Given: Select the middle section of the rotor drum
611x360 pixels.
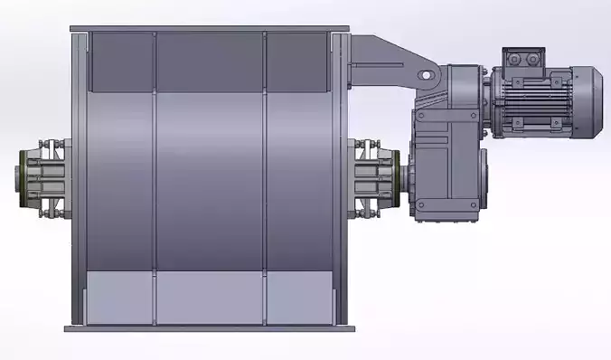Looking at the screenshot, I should (x=211, y=181).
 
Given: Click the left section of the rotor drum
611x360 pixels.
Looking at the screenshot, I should (x=123, y=181).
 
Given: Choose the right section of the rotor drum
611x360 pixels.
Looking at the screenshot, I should (x=297, y=181).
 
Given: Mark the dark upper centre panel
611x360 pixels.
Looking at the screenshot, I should (x=211, y=62).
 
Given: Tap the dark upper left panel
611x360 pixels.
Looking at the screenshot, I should (x=123, y=62).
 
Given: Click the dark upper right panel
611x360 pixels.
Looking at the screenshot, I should (x=296, y=62).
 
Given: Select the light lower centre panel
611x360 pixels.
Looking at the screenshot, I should (x=211, y=298).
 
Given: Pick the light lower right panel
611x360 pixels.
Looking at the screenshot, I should (x=299, y=298).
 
